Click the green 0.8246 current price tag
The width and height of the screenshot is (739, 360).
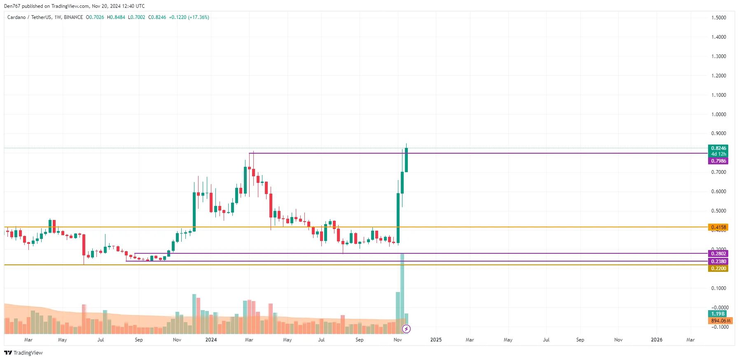pyautogui.click(x=718, y=148)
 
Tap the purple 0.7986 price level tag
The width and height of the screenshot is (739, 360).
pyautogui.click(x=718, y=161)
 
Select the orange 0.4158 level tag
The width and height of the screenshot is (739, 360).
pyautogui.click(x=718, y=227)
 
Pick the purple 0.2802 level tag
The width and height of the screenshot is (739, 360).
pyautogui.click(x=718, y=254)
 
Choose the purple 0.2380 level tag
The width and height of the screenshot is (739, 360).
pyautogui.click(x=718, y=262)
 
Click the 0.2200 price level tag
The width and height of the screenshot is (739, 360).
pyautogui.click(x=718, y=269)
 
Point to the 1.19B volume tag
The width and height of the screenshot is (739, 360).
pyautogui.click(x=718, y=314)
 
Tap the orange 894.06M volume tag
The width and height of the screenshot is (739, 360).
pyautogui.click(x=720, y=321)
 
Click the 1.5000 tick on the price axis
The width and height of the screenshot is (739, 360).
pyautogui.click(x=718, y=18)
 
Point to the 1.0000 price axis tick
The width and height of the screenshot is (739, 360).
pyautogui.click(x=718, y=115)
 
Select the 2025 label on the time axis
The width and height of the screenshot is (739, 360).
pyautogui.click(x=436, y=340)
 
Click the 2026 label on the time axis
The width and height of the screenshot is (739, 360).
pyautogui.click(x=657, y=340)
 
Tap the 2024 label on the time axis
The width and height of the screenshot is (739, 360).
pyautogui.click(x=211, y=340)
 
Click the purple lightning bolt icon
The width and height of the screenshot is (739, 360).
pyautogui.click(x=406, y=329)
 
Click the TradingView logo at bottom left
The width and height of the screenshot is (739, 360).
pyautogui.click(x=23, y=353)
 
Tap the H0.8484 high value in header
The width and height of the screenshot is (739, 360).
pyautogui.click(x=116, y=17)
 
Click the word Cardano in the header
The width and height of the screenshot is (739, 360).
pyautogui.click(x=16, y=17)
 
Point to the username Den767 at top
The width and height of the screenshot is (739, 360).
pyautogui.click(x=12, y=6)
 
